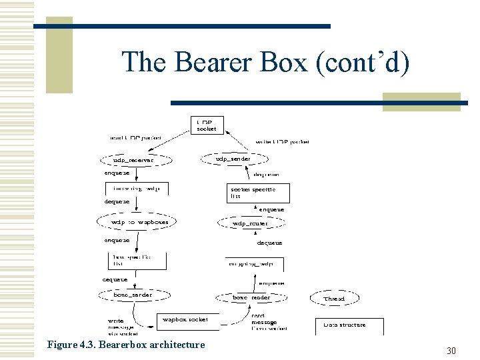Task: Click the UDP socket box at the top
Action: tap(208, 125)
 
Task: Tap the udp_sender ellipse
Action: tap(233, 159)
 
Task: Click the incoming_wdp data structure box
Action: tap(137, 188)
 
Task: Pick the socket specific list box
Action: tap(251, 193)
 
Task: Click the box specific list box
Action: tap(137, 260)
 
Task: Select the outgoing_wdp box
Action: tap(254, 263)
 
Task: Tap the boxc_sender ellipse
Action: tap(133, 295)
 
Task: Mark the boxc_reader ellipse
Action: tap(246, 297)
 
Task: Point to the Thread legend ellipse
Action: tap(334, 299)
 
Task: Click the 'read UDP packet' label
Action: tap(136, 138)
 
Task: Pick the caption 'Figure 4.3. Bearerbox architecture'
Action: tap(126, 345)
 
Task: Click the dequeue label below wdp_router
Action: tap(269, 243)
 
